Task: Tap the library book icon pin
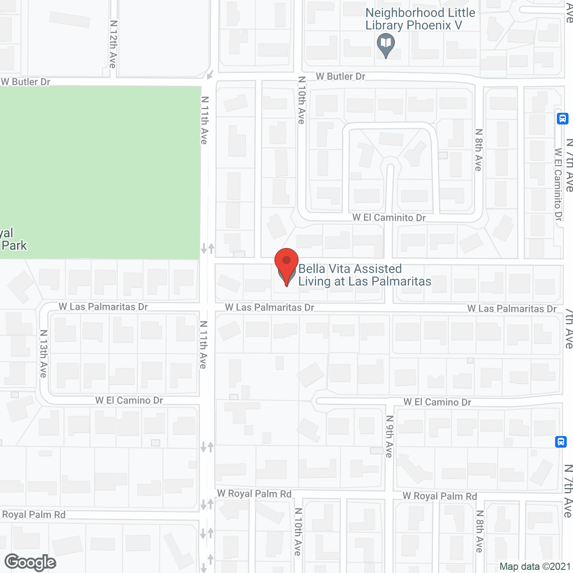[x=385, y=45]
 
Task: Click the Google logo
[x=30, y=562]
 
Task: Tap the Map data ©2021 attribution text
[x=535, y=567]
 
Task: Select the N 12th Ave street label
[x=113, y=44]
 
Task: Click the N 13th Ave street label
[x=43, y=353]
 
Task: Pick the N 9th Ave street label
[x=389, y=436]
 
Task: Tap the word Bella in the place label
[x=311, y=269]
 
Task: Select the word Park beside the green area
[x=14, y=246]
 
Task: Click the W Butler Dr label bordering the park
[x=26, y=82]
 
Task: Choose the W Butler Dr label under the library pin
[x=340, y=77]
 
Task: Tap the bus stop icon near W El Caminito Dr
[x=562, y=119]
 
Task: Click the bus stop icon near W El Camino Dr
[x=560, y=442]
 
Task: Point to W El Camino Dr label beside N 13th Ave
[x=129, y=400]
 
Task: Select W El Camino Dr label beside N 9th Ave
[x=437, y=402]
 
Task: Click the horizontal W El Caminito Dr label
[x=389, y=218]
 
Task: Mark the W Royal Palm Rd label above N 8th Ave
[x=440, y=496]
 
